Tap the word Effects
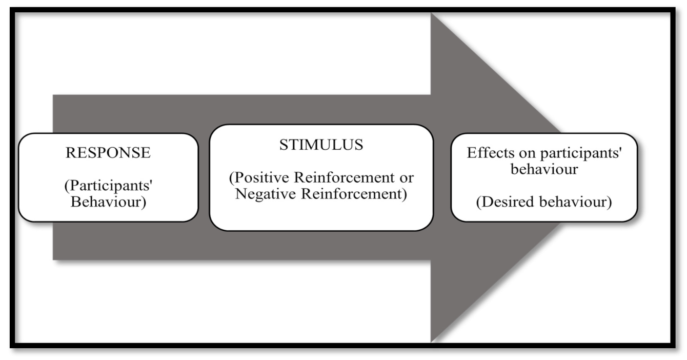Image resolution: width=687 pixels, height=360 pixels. [487, 153]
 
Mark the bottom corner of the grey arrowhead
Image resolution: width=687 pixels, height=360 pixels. [432, 341]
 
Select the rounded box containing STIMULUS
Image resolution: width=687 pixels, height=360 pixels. [321, 177]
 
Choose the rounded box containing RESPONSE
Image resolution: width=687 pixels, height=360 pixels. [108, 177]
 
